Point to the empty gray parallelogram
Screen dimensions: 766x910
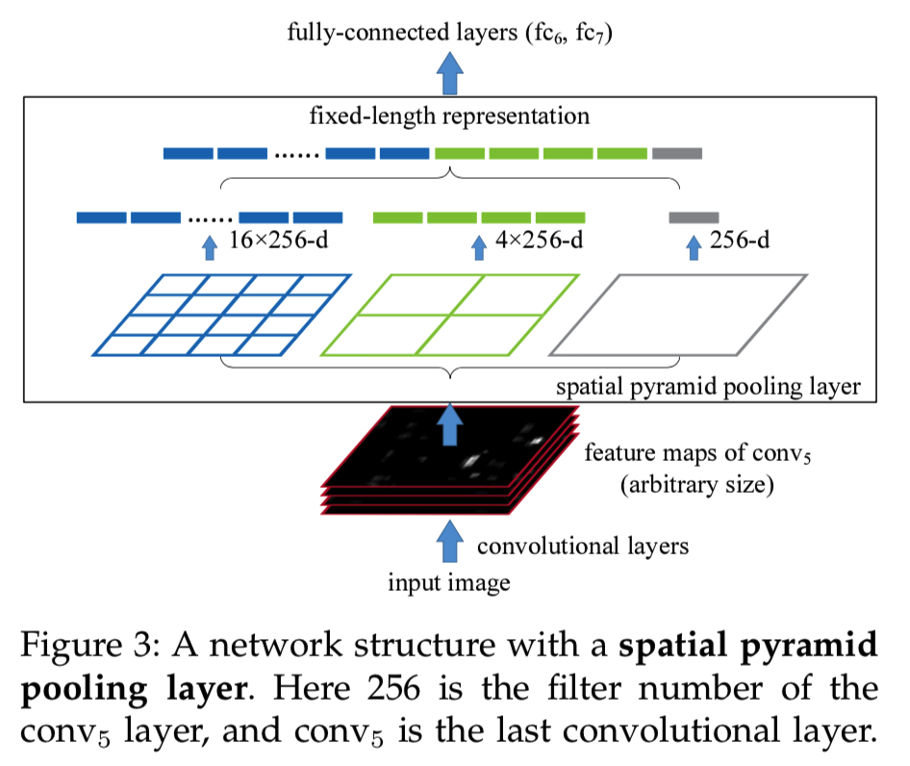[x=679, y=315]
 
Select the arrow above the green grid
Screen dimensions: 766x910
[x=478, y=248]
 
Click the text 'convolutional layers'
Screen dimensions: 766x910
[x=583, y=547]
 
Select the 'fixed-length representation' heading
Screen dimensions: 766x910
[x=448, y=117]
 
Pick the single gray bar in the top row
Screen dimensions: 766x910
[x=677, y=153]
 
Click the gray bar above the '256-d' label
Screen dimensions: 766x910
[x=694, y=217]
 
